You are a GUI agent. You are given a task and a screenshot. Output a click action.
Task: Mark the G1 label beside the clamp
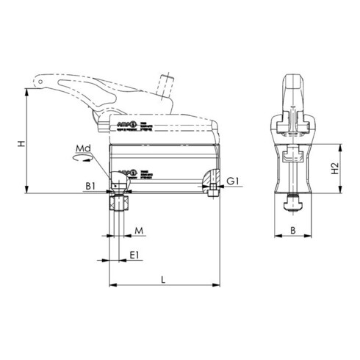(x=232, y=180)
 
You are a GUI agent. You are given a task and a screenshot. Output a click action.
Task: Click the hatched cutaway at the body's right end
(x=210, y=179)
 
